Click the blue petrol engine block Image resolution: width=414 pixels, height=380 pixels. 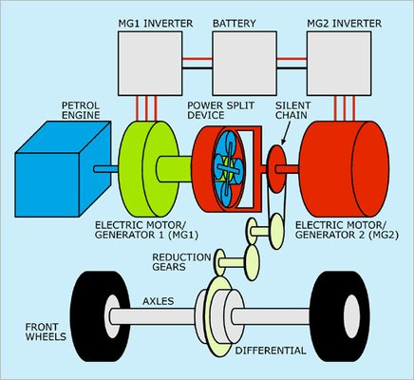click(63, 169)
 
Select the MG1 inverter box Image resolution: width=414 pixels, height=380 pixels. click(150, 64)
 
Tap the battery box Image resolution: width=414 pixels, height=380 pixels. click(244, 64)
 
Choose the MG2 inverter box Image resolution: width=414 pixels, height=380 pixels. click(339, 64)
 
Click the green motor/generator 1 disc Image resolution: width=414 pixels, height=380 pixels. click(148, 169)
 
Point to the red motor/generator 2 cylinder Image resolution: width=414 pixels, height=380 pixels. click(345, 169)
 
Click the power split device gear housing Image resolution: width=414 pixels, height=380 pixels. click(227, 168)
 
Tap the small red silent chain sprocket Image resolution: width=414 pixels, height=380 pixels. click(277, 169)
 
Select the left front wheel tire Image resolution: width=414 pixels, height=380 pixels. click(100, 316)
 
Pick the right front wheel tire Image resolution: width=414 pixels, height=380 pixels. click(340, 316)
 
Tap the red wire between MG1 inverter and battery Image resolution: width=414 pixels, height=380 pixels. click(198, 59)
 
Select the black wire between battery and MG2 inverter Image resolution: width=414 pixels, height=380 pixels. click(292, 67)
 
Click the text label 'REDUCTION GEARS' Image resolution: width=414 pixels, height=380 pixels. click(181, 262)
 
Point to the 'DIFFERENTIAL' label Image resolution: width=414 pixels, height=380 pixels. click(271, 351)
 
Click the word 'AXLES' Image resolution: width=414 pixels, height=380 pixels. click(159, 301)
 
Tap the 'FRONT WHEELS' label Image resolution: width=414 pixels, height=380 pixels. click(46, 332)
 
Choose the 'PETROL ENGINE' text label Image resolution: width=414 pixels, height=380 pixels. click(81, 110)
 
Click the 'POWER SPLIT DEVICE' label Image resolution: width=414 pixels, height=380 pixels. click(221, 110)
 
